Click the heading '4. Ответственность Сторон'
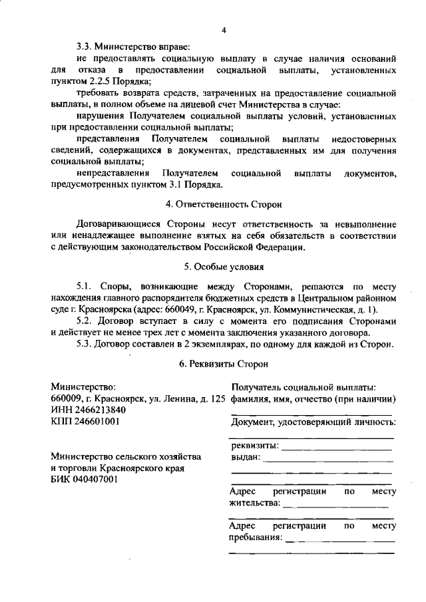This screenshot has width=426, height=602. tap(224, 204)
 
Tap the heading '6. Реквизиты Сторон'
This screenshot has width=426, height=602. tap(224, 365)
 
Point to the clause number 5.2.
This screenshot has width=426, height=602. tap(86, 321)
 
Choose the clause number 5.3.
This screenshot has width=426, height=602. tap(86, 344)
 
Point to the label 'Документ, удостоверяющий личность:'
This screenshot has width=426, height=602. tap(314, 422)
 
